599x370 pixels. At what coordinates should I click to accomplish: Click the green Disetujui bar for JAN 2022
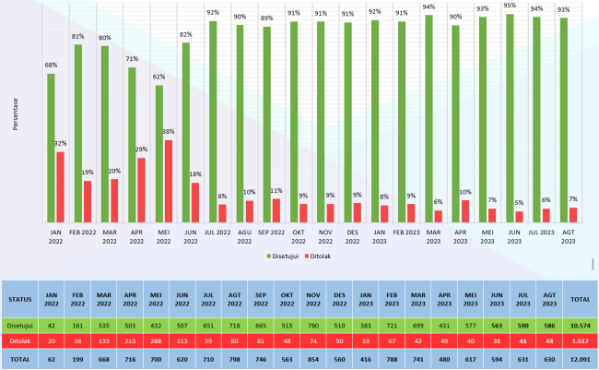coord(52,148)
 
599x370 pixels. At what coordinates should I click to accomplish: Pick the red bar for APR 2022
coord(141,190)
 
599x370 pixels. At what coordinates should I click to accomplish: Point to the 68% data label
coord(52,65)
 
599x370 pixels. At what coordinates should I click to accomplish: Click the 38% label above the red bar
coord(168,132)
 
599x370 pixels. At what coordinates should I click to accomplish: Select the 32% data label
coord(61,144)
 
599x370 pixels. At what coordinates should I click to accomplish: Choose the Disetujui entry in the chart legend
coord(287,255)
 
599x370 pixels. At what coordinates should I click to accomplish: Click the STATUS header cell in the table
coord(19,298)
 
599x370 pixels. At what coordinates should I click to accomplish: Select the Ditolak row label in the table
coord(19,340)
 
